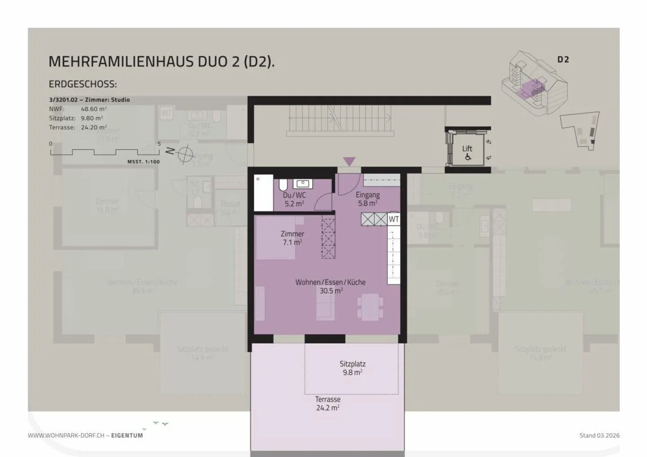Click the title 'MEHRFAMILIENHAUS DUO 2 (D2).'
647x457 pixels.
point(161,62)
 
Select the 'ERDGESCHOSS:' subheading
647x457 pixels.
point(83,84)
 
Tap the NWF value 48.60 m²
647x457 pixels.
point(93,109)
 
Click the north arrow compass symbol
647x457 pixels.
point(184,154)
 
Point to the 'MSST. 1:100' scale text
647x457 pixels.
point(143,162)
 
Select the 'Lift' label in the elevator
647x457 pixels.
point(467,149)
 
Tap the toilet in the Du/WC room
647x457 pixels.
point(284,185)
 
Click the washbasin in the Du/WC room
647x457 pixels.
point(303,184)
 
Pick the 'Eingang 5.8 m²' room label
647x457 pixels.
point(368,199)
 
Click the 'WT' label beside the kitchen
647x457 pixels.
point(394,219)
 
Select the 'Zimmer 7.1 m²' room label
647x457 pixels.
point(292,238)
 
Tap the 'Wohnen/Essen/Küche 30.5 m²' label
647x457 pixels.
point(330,286)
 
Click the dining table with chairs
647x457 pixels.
point(370,308)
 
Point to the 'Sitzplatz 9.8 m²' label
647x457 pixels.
point(352,368)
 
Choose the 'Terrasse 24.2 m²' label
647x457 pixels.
point(328,404)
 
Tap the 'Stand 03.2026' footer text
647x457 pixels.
point(599,435)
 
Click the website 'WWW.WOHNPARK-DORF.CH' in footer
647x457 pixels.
point(66,435)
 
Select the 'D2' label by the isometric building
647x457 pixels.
point(563,60)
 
